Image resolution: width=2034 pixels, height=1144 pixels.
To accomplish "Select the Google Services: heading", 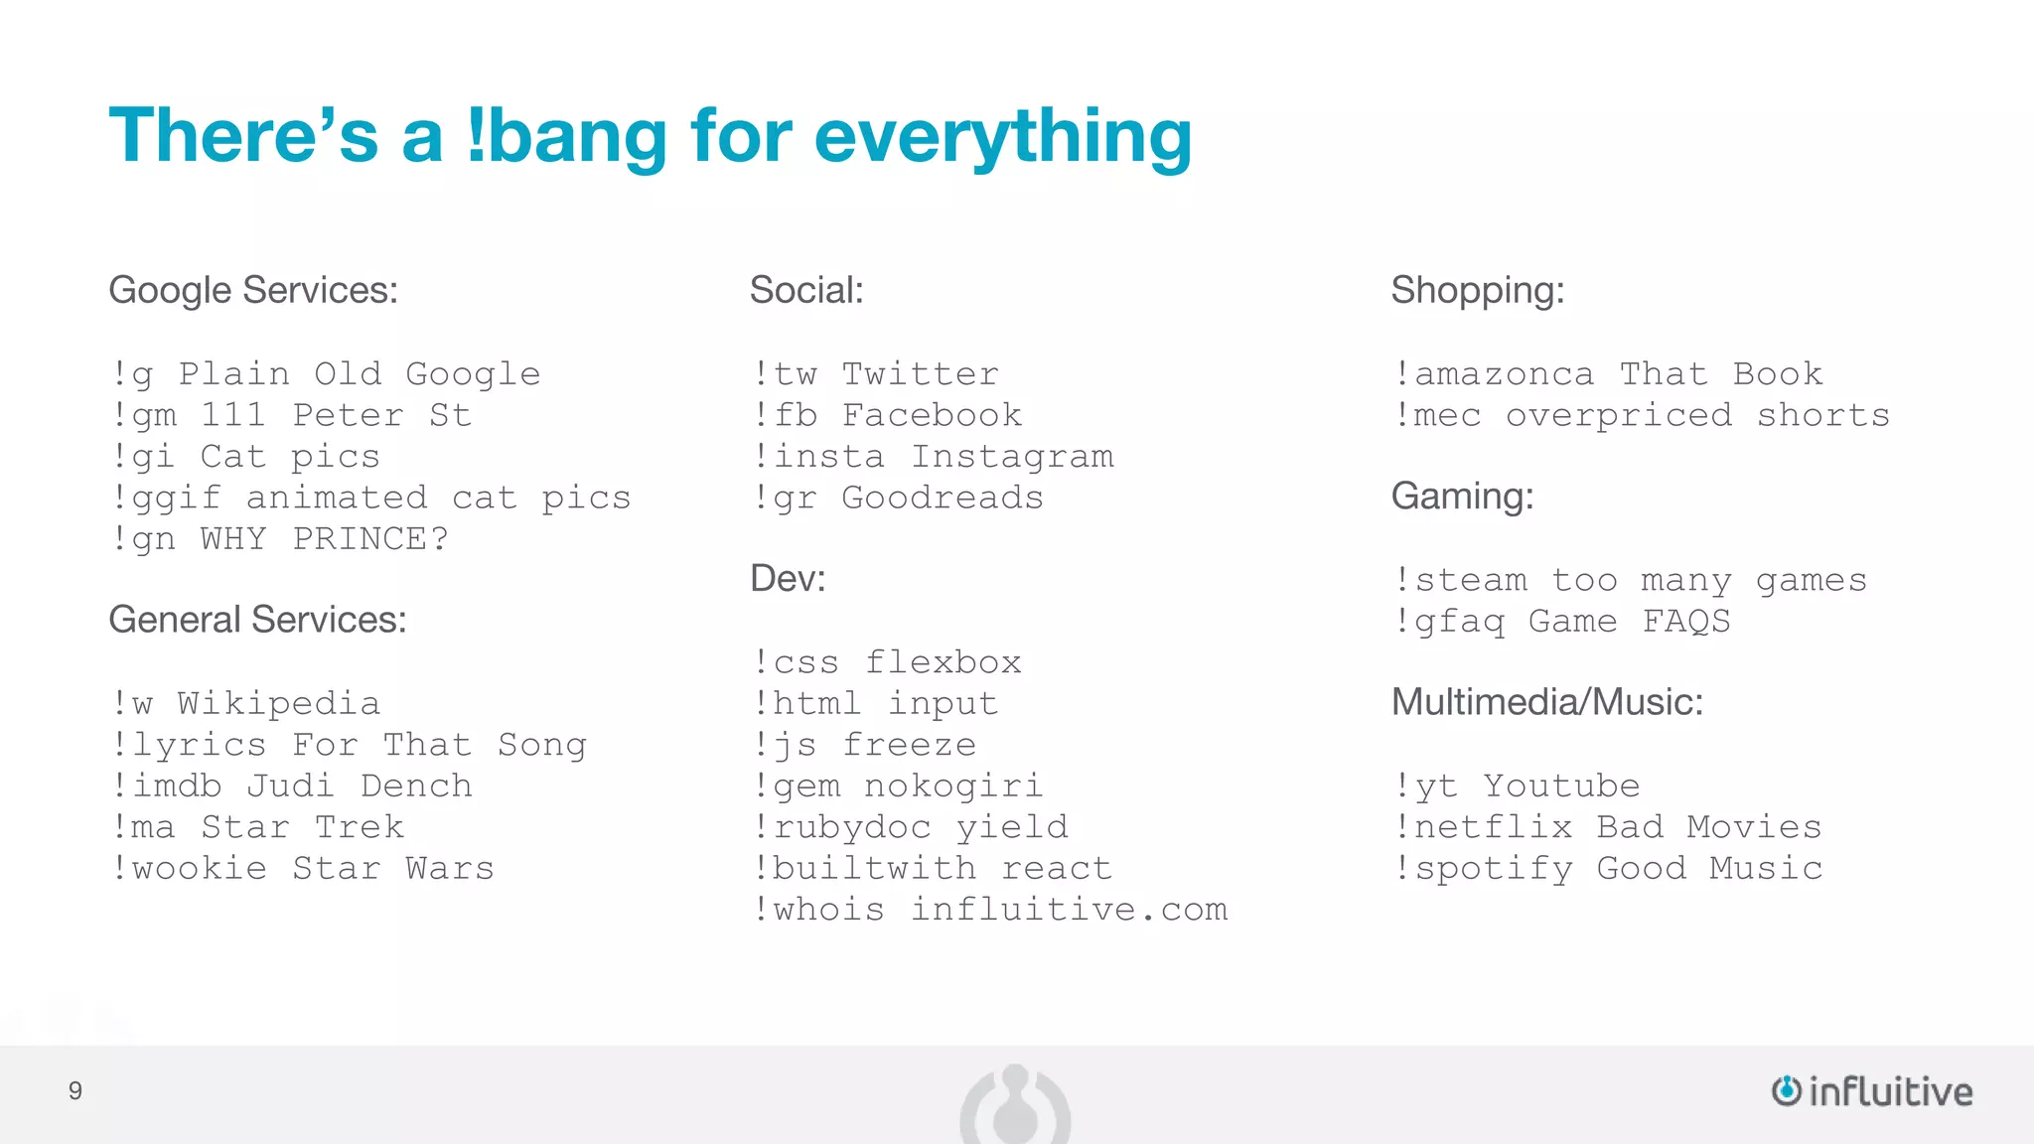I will coord(253,290).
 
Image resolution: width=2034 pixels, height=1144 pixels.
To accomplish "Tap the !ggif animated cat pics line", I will coord(371,498).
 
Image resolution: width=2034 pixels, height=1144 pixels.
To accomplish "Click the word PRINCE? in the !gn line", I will coord(370,539).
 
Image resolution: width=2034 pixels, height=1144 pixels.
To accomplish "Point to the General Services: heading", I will coord(257,620).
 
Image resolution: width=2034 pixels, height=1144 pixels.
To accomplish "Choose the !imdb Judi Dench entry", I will coord(292,786).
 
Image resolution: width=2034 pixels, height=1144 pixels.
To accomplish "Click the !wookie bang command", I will coord(190,868).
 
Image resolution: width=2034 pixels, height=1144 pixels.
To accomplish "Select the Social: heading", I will coord(806,290).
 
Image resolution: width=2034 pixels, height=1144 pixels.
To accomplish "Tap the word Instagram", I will coord(1012,457).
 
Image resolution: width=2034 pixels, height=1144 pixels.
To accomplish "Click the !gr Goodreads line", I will coord(898,498).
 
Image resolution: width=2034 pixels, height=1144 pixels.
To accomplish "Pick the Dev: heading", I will coord(788,578).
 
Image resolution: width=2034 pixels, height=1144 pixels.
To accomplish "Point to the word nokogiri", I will coord(953,786).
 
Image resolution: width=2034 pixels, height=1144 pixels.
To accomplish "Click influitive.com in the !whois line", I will coord(1069,910).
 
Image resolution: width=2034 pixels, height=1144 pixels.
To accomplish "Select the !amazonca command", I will coord(1494,374).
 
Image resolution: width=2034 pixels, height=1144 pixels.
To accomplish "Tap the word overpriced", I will coord(1619,416).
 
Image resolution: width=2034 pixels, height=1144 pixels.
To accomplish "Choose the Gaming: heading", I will coord(1462,496).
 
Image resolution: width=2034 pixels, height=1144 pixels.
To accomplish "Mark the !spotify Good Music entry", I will coord(1609,869).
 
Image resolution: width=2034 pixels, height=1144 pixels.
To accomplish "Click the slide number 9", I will coord(75,1091).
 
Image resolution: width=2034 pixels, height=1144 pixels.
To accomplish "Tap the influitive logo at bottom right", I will coord(1872,1091).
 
